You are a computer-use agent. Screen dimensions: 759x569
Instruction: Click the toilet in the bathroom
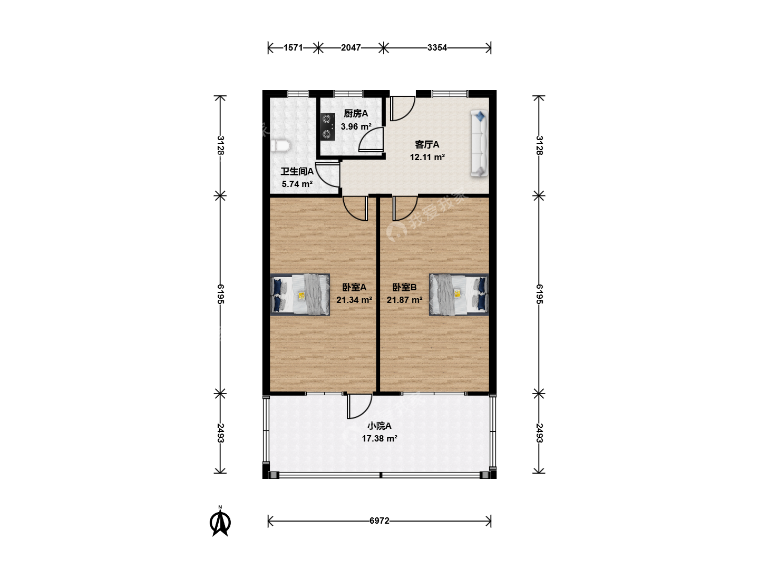280,145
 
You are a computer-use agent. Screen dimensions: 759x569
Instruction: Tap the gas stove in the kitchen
327,126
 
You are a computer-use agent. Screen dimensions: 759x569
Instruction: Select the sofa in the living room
479,143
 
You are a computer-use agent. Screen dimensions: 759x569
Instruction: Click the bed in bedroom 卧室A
300,295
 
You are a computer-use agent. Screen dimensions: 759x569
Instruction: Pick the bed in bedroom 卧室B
459,295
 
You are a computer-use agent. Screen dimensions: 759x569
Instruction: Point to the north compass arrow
220,521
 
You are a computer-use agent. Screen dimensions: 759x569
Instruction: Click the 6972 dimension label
379,521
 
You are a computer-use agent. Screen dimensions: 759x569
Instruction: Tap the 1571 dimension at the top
293,47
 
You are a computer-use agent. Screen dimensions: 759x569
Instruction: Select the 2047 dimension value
351,47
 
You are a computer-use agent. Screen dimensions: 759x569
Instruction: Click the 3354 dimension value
437,47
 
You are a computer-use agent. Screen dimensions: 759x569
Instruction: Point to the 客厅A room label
427,144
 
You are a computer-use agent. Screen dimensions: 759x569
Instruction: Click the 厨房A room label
356,114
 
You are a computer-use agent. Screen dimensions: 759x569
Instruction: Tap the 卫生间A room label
297,171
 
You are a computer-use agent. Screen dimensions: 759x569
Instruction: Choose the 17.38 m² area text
379,439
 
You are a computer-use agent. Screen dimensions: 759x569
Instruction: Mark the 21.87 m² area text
404,300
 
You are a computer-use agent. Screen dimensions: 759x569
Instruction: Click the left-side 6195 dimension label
221,294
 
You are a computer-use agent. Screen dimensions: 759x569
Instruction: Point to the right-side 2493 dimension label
539,433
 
